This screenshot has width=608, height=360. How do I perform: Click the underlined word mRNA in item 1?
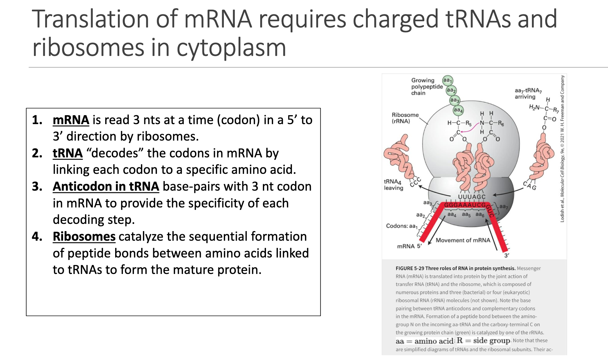tap(71, 120)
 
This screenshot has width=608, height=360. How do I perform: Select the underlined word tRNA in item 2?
tap(68, 153)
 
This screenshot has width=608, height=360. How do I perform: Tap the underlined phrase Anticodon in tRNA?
tap(106, 187)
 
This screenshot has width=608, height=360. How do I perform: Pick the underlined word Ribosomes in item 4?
tap(84, 237)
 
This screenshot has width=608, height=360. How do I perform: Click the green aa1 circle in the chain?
tap(447, 81)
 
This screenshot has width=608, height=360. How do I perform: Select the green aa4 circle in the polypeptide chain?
tap(458, 110)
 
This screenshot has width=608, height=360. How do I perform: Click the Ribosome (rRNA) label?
tap(405, 118)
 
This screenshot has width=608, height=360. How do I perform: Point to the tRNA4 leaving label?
tap(393, 184)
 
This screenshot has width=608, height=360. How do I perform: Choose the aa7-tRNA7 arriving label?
tap(528, 94)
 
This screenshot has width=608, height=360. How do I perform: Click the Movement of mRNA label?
tap(463, 240)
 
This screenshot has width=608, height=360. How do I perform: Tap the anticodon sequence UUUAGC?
tap(472, 197)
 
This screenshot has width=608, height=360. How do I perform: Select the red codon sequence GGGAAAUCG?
tap(465, 205)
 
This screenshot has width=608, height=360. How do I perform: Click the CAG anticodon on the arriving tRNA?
tap(530, 185)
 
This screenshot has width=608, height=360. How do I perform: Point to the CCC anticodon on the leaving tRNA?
tap(415, 182)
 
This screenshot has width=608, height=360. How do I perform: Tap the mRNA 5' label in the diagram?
tap(409, 246)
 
